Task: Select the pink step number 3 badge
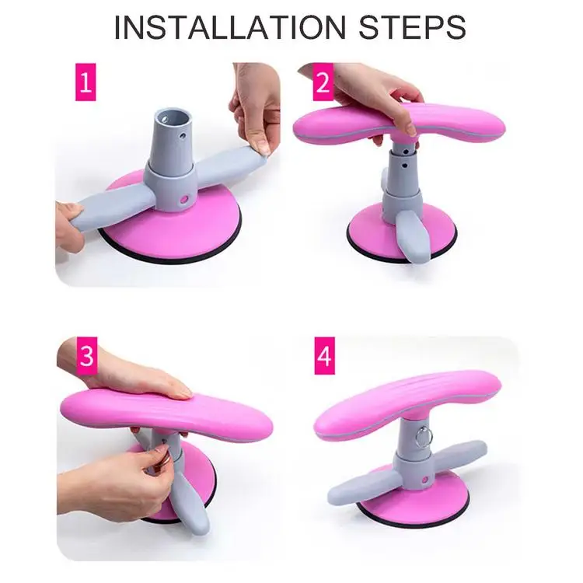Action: [x=86, y=356]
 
